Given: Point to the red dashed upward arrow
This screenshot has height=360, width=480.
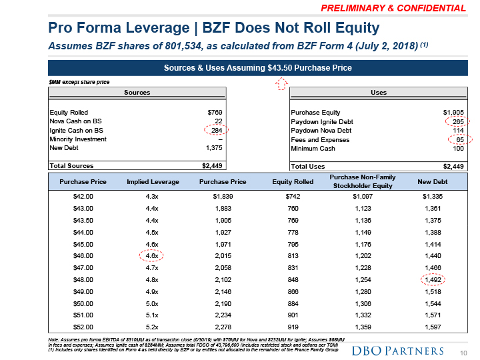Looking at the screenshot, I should tap(281, 83).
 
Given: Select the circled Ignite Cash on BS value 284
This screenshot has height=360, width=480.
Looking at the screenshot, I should tap(213, 130).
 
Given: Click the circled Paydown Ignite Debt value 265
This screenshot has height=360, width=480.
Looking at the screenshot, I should tap(457, 121).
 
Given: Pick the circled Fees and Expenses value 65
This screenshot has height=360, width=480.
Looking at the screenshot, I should tap(459, 139).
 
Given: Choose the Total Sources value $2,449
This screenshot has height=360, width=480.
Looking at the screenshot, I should tap(211, 165).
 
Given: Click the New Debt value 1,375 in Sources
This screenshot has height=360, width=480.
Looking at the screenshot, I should tap(213, 148).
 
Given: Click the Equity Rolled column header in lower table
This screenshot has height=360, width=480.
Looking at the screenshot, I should tap(293, 181).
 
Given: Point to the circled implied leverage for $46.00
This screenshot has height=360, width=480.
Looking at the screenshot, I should tap(151, 255).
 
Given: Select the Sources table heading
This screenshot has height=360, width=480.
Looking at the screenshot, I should tap(137, 93).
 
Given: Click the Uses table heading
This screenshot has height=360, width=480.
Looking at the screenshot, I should tap(378, 93).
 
